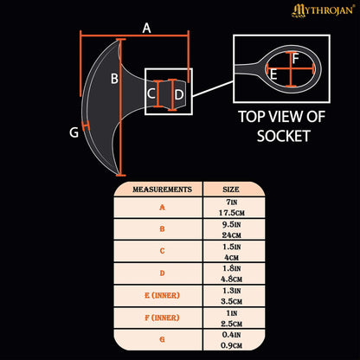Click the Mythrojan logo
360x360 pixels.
(x=323, y=10)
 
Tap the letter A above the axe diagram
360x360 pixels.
(x=146, y=29)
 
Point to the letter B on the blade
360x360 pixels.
(x=114, y=79)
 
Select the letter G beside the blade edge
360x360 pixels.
(x=74, y=132)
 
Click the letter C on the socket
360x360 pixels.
(x=151, y=93)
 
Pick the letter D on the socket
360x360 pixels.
(x=179, y=95)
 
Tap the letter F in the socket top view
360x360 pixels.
(x=295, y=59)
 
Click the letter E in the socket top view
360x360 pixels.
(x=273, y=74)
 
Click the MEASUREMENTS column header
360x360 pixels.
(x=162, y=190)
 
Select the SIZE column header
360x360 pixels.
(x=231, y=190)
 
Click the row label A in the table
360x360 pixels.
(x=163, y=207)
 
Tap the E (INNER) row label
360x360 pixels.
(x=162, y=295)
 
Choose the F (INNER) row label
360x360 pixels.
(x=162, y=318)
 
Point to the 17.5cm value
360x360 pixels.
(x=231, y=213)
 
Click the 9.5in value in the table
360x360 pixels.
(x=231, y=224)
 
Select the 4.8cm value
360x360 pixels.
(x=231, y=280)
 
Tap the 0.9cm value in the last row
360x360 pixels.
(x=231, y=345)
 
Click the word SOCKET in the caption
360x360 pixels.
(x=283, y=136)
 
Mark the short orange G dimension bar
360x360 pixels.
(x=86, y=126)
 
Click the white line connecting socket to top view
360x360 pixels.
(x=213, y=88)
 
